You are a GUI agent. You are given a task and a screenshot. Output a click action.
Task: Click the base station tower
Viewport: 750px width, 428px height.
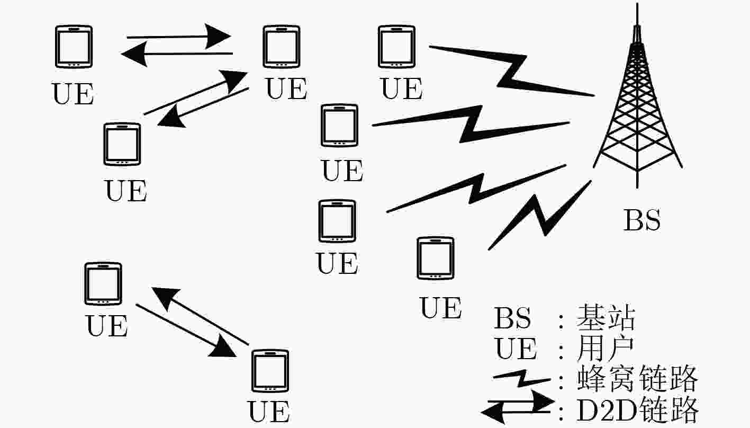637,101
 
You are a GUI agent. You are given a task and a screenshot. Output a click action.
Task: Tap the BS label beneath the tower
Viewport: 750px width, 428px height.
642,220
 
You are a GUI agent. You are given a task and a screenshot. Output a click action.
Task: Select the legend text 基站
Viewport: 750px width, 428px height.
606,317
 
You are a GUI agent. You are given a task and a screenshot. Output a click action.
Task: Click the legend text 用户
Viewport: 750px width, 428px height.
604,349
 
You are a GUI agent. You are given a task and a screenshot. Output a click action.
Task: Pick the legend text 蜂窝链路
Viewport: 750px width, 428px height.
637,378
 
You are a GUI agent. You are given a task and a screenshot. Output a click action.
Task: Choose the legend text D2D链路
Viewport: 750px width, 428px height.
637,409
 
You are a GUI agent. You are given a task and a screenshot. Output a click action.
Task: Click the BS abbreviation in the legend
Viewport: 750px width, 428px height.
512,317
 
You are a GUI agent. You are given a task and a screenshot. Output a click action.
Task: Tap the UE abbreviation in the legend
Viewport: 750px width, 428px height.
516,349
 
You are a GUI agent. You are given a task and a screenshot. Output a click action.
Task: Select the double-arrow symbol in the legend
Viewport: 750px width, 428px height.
517,406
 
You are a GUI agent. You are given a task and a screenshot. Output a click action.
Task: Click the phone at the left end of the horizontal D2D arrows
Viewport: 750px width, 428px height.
74,47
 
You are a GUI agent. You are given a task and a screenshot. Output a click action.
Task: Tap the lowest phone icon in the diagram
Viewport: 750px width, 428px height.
270,371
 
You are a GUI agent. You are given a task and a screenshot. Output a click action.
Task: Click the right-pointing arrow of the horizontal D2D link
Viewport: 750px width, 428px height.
179,36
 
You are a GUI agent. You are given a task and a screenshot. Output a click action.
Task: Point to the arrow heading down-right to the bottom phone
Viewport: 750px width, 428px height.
186,331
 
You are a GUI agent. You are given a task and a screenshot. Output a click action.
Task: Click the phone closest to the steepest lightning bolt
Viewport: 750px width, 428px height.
435,258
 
